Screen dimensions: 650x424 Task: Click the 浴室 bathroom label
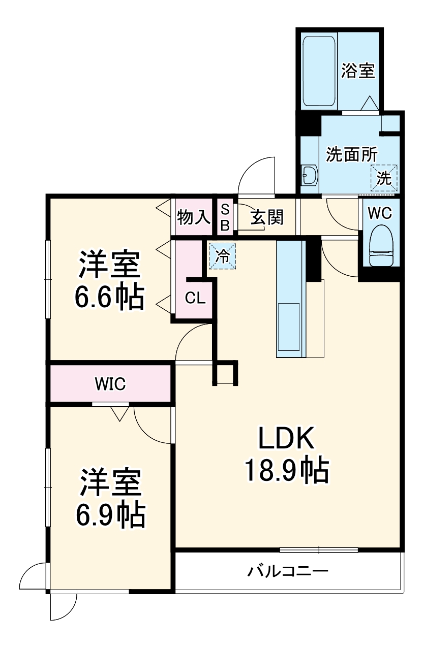[358, 71]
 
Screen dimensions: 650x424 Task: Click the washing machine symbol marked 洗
[384, 178]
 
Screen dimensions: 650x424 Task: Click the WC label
[380, 213]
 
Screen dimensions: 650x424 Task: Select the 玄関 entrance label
[266, 218]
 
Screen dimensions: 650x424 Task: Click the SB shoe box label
[225, 217]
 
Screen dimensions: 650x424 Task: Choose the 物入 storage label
[193, 217]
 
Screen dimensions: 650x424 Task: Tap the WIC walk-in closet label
[110, 384]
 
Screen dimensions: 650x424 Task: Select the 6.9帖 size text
[110, 515]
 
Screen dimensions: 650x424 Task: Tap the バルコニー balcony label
[288, 572]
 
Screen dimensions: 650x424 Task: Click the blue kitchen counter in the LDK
[290, 300]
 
